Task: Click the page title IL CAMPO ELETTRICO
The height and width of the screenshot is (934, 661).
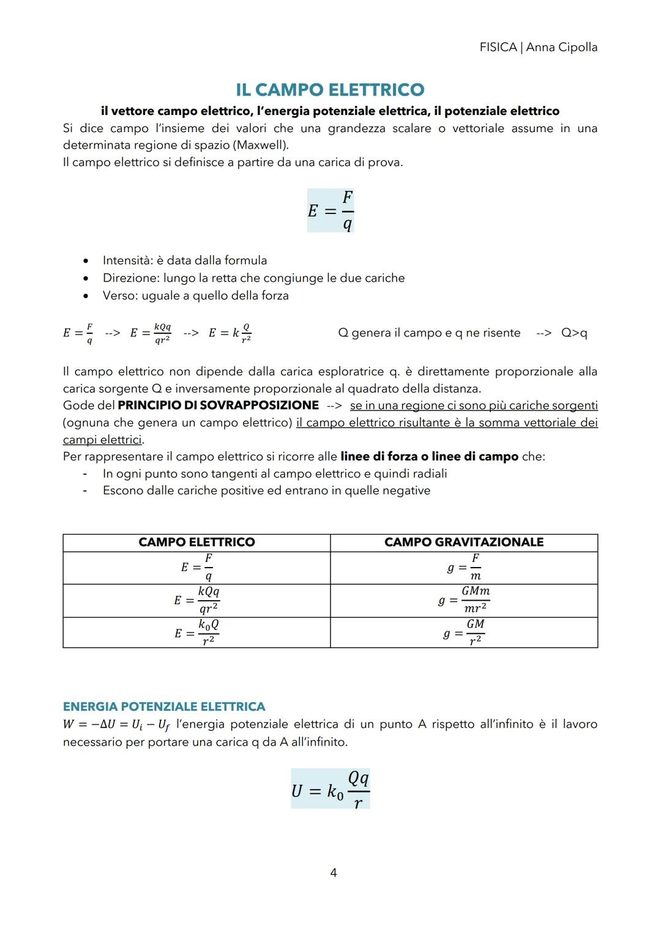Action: point(330,90)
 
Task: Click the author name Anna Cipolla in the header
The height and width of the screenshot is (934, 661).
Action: point(561,47)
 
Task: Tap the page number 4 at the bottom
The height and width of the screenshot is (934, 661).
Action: point(333,873)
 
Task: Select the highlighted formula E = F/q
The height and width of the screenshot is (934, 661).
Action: point(330,210)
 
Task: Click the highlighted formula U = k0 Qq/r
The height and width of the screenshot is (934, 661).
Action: point(330,789)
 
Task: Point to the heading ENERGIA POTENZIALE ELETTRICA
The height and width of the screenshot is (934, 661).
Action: point(164,706)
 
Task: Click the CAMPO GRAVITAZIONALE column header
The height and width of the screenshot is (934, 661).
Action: point(463,543)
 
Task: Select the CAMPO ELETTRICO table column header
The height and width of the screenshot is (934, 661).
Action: point(196,543)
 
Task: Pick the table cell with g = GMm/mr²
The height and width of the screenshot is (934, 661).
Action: point(464,600)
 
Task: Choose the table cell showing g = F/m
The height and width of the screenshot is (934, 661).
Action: point(464,568)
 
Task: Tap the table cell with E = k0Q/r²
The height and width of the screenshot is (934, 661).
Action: point(196,632)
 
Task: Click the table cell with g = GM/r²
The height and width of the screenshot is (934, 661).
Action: point(464,632)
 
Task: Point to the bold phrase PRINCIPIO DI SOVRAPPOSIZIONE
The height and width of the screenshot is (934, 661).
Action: point(218,406)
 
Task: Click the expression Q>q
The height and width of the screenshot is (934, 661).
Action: point(574,333)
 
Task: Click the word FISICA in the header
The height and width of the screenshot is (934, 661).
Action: point(498,47)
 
